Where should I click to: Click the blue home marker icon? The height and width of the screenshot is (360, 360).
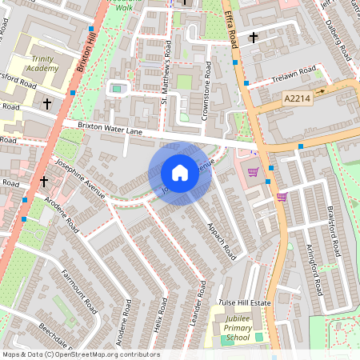[x=180, y=173]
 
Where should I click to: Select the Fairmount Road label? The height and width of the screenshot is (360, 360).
[x=79, y=291]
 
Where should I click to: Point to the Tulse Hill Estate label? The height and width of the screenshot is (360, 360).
[x=245, y=304]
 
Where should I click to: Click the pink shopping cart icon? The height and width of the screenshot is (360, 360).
[x=281, y=197]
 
